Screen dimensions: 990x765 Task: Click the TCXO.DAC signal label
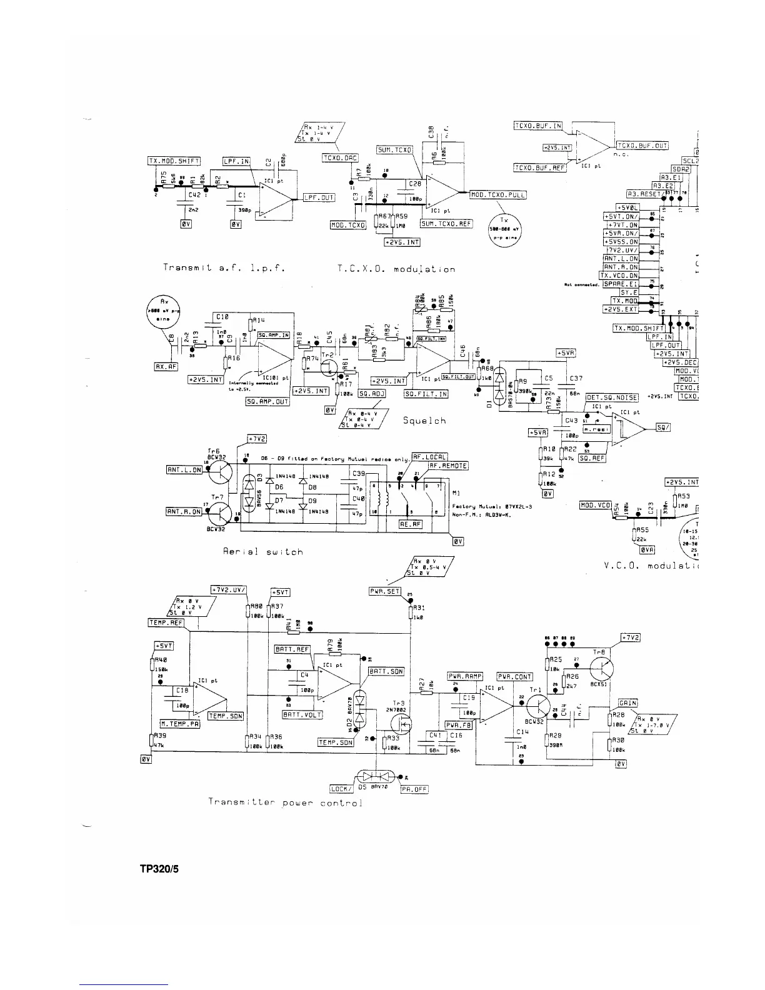[x=339, y=157]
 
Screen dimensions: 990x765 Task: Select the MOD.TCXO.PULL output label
[x=497, y=195]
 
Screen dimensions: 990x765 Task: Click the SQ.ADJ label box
[x=371, y=394]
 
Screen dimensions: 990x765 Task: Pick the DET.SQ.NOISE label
[x=611, y=397]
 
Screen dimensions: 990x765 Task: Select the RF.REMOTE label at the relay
[x=447, y=466]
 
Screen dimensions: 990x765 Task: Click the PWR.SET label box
[x=385, y=591]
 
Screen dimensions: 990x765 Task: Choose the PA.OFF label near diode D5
[x=414, y=789]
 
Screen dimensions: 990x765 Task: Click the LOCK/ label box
[x=342, y=789]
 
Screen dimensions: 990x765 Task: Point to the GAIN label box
[x=627, y=703]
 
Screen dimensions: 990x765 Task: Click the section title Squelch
[x=424, y=421]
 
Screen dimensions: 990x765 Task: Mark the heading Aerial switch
[x=262, y=552]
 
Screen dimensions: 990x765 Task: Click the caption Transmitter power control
[x=285, y=802]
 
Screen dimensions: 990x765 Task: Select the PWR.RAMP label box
[x=464, y=676]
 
